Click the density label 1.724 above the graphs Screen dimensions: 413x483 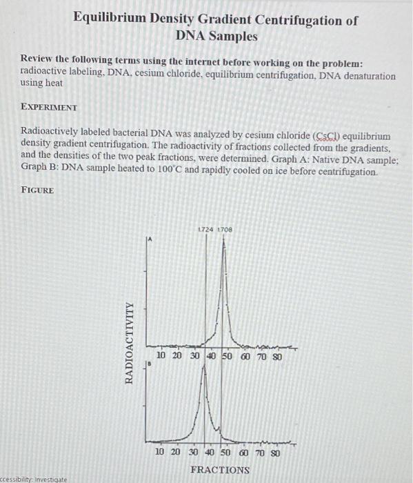tap(205, 229)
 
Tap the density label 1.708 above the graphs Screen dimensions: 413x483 tap(225, 229)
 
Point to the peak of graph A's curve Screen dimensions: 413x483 tap(222, 246)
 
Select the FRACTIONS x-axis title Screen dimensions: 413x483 tap(220, 469)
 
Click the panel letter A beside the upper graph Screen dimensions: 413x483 tap(148, 239)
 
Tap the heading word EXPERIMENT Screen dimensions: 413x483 tap(49, 108)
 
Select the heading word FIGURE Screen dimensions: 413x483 tap(37, 189)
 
